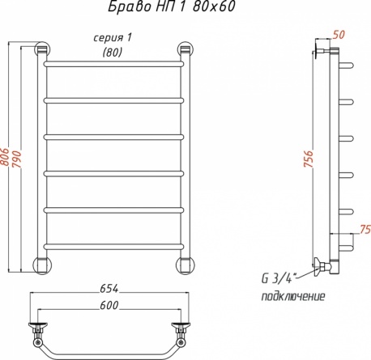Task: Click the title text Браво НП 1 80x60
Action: pyautogui.click(x=172, y=6)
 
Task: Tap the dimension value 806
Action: pyautogui.click(x=5, y=157)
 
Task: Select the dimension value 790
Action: pyautogui.click(x=17, y=159)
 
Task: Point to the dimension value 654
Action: pyautogui.click(x=109, y=289)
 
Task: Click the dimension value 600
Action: pyautogui.click(x=109, y=305)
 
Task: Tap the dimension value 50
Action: pyautogui.click(x=339, y=34)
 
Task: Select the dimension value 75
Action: pyautogui.click(x=365, y=229)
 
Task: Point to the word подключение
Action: pyautogui.click(x=293, y=297)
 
